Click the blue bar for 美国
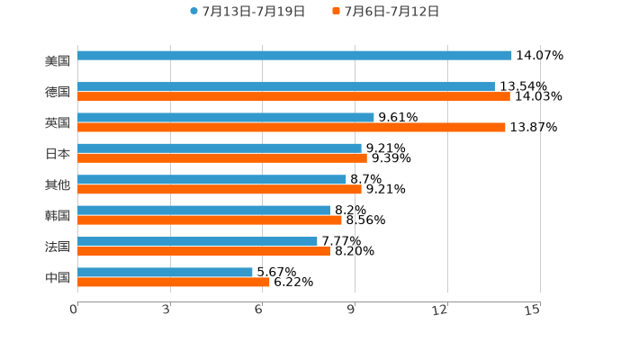point(294,56)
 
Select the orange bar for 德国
point(293,97)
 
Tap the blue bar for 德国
point(286,87)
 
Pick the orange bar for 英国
point(292,128)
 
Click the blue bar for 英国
point(226,118)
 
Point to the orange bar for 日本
point(222,158)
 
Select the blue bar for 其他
point(211,180)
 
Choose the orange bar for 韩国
point(210,220)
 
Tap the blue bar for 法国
point(197,241)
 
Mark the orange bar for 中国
point(174,283)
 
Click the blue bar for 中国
point(165,273)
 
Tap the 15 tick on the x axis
point(533,310)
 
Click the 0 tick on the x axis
point(74,310)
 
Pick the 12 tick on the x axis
point(440,310)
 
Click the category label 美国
point(58,61)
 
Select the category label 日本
point(58,154)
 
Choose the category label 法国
point(58,247)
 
